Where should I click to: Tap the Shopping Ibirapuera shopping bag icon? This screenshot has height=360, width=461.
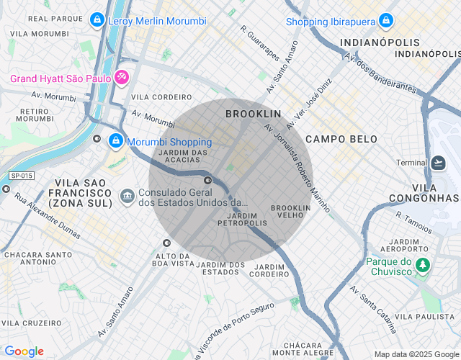coord(387,21)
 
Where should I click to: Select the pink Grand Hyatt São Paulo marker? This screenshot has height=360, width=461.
coord(122,77)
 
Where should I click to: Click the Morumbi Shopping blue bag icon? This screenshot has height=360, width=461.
coord(115,141)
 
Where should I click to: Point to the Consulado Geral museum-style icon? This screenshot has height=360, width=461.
coord(127,194)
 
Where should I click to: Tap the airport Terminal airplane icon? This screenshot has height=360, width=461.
coord(438,163)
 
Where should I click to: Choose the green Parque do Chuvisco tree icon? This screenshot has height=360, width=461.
coord(424,266)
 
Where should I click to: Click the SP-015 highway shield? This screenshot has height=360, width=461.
coord(22,176)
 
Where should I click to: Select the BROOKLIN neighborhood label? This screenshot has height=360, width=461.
coord(253,114)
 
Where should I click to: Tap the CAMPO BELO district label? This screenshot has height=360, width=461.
coord(336,138)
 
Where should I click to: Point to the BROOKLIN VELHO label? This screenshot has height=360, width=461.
coord(290,212)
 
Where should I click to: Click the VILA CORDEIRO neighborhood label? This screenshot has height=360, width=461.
coord(161,96)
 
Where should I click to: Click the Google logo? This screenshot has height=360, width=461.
coord(24,351)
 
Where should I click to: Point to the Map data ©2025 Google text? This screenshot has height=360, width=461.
coord(416,354)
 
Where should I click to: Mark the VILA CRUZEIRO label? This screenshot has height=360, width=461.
coord(30,323)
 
